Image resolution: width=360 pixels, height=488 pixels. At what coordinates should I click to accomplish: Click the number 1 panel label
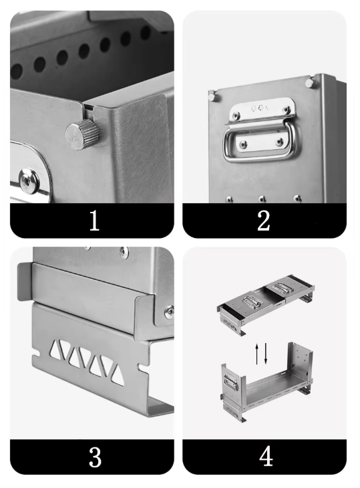[x=94, y=221]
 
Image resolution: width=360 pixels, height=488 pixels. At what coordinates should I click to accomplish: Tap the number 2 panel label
[x=264, y=221]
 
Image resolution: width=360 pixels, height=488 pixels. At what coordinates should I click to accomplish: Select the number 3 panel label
[x=95, y=457]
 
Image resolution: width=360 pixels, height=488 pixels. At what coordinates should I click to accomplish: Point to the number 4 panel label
[x=266, y=457]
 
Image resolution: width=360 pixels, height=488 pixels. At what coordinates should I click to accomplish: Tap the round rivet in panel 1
[x=29, y=180]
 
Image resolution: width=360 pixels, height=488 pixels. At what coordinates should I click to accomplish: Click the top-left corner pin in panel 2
[x=212, y=96]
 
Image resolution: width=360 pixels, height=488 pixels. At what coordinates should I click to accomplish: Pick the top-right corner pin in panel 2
[x=310, y=83]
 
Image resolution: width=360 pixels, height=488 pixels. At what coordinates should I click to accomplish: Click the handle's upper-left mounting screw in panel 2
[x=236, y=116]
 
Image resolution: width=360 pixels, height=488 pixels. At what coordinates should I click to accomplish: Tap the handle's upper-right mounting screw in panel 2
[x=286, y=110]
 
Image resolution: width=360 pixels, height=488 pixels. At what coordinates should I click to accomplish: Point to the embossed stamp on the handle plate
[x=260, y=108]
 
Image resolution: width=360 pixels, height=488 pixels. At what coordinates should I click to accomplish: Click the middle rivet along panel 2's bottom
[x=262, y=199]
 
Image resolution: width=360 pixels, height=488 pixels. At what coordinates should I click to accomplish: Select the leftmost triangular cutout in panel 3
[x=57, y=348]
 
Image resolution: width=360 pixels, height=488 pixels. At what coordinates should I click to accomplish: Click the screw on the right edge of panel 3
[x=170, y=312]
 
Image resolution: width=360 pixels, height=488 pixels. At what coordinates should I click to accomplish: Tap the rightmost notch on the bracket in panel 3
[x=143, y=368]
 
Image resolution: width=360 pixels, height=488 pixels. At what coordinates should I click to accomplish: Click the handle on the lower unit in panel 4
[x=230, y=383]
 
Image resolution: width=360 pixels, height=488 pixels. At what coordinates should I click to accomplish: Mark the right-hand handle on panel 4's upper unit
[x=283, y=287]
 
